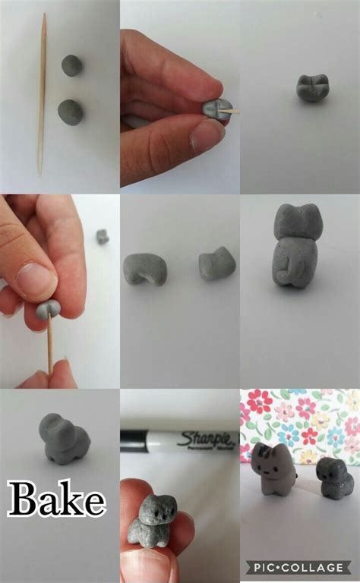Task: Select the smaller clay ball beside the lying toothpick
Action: (72, 65)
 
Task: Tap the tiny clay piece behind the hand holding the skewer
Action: (103, 237)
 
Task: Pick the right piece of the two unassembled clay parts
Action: (216, 263)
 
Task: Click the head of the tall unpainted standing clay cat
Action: (295, 225)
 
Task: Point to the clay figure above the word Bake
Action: (65, 438)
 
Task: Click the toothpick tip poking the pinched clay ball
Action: (232, 112)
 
